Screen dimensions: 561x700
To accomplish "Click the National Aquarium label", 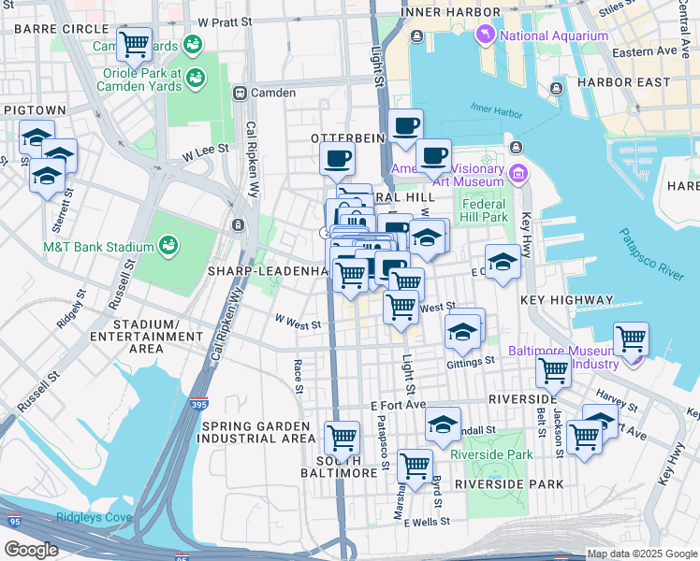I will tap(554, 36).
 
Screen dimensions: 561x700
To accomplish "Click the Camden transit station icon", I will tap(240, 93).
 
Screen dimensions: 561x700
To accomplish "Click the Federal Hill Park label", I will tap(484, 211).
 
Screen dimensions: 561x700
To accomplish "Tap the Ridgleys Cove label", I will tap(94, 517).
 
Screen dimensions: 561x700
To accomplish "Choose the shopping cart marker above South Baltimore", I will tap(342, 436).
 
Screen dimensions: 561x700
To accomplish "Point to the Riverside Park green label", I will tap(491, 454).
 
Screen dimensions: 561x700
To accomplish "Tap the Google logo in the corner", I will tap(31, 550).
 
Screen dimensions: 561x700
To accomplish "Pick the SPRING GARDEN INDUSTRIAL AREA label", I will tap(257, 431).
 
